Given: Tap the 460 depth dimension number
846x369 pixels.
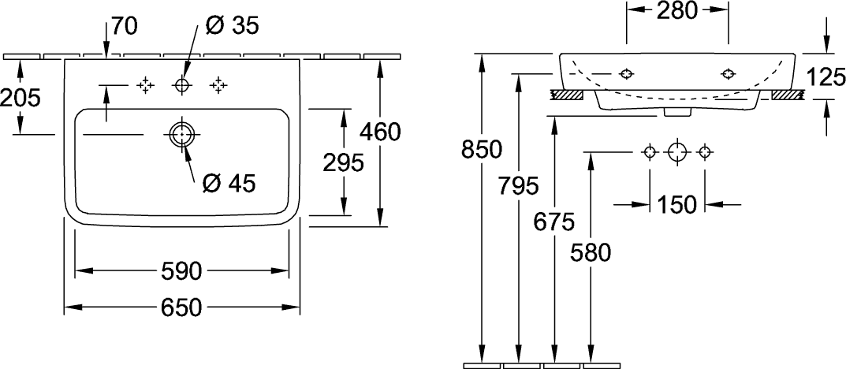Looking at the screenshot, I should point(381,132).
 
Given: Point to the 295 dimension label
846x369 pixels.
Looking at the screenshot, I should point(344,162).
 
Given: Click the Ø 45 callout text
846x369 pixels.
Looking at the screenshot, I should point(229,184).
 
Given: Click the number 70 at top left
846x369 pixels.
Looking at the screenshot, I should point(125,26).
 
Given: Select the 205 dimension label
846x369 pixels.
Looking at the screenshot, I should point(20,98).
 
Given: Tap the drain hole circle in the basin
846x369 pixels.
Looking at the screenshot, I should point(181,133).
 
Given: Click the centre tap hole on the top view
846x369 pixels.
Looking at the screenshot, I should point(182,84).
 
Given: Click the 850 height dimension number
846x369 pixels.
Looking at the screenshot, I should point(481,149).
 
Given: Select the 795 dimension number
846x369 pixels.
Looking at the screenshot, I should point(519,186).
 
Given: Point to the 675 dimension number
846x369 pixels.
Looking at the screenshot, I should point(555,222).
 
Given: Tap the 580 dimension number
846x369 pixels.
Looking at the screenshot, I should point(591,253).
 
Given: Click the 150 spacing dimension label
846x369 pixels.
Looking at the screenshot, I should point(677,204).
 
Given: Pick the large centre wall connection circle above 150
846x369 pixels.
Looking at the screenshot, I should point(677,151).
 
